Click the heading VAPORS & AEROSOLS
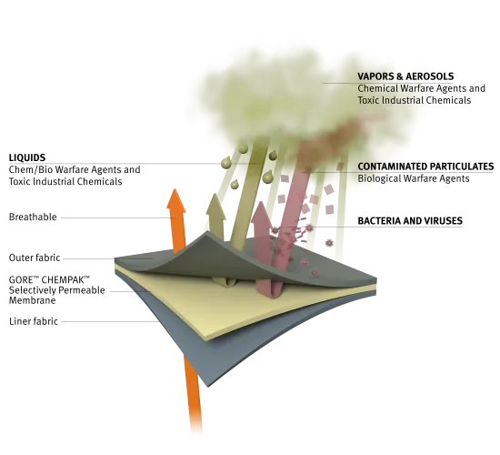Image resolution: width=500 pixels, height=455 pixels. coord(405,76)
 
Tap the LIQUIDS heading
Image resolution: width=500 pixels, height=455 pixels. coord(27,157)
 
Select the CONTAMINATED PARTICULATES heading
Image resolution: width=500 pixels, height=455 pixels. coord(425,167)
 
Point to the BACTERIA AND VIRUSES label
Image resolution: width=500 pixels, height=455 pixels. coord(410,220)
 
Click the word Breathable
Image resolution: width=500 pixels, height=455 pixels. coord(33,217)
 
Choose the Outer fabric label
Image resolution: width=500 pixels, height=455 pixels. coord(35,258)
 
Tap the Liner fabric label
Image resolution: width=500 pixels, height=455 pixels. coord(34,321)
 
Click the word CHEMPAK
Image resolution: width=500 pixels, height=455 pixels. coord(65,280)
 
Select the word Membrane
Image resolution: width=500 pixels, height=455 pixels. coord(32,300)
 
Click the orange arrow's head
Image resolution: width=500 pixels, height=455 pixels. coord(175,201)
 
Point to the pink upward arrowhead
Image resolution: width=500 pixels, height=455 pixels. coord(262,213)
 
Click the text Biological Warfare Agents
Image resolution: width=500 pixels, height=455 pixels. coord(414,178)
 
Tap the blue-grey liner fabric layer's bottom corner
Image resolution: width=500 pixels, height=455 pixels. coord(208,387)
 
